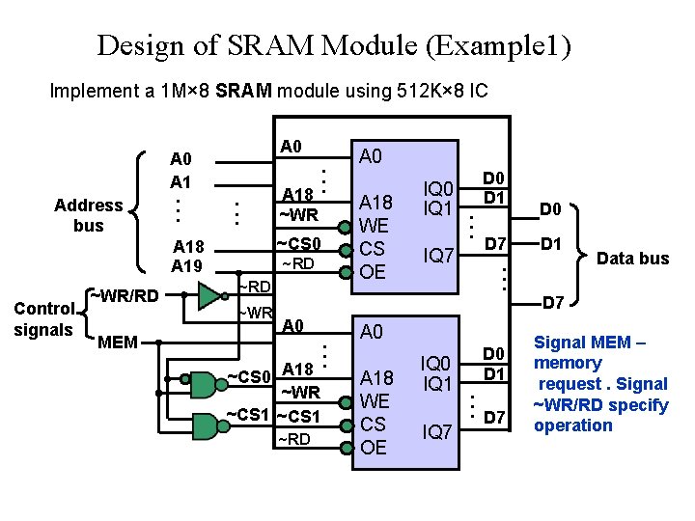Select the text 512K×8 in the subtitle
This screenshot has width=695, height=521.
coord(431,92)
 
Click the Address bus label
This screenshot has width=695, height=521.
coord(88,215)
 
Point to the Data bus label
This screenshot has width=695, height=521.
coord(632,258)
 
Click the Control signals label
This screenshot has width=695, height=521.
coord(42,319)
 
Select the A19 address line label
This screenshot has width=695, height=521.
coord(187,265)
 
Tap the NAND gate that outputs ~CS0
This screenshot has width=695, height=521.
coord(204,384)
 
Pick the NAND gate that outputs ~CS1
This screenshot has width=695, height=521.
coord(204,425)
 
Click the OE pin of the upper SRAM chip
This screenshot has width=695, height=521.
coord(373,271)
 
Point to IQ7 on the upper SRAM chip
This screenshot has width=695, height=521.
coord(438,255)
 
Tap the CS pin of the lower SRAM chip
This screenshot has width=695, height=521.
coord(373,424)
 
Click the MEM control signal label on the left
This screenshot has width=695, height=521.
coord(118,342)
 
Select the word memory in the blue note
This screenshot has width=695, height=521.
coord(568,364)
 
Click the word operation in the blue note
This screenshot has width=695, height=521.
coord(573,425)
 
